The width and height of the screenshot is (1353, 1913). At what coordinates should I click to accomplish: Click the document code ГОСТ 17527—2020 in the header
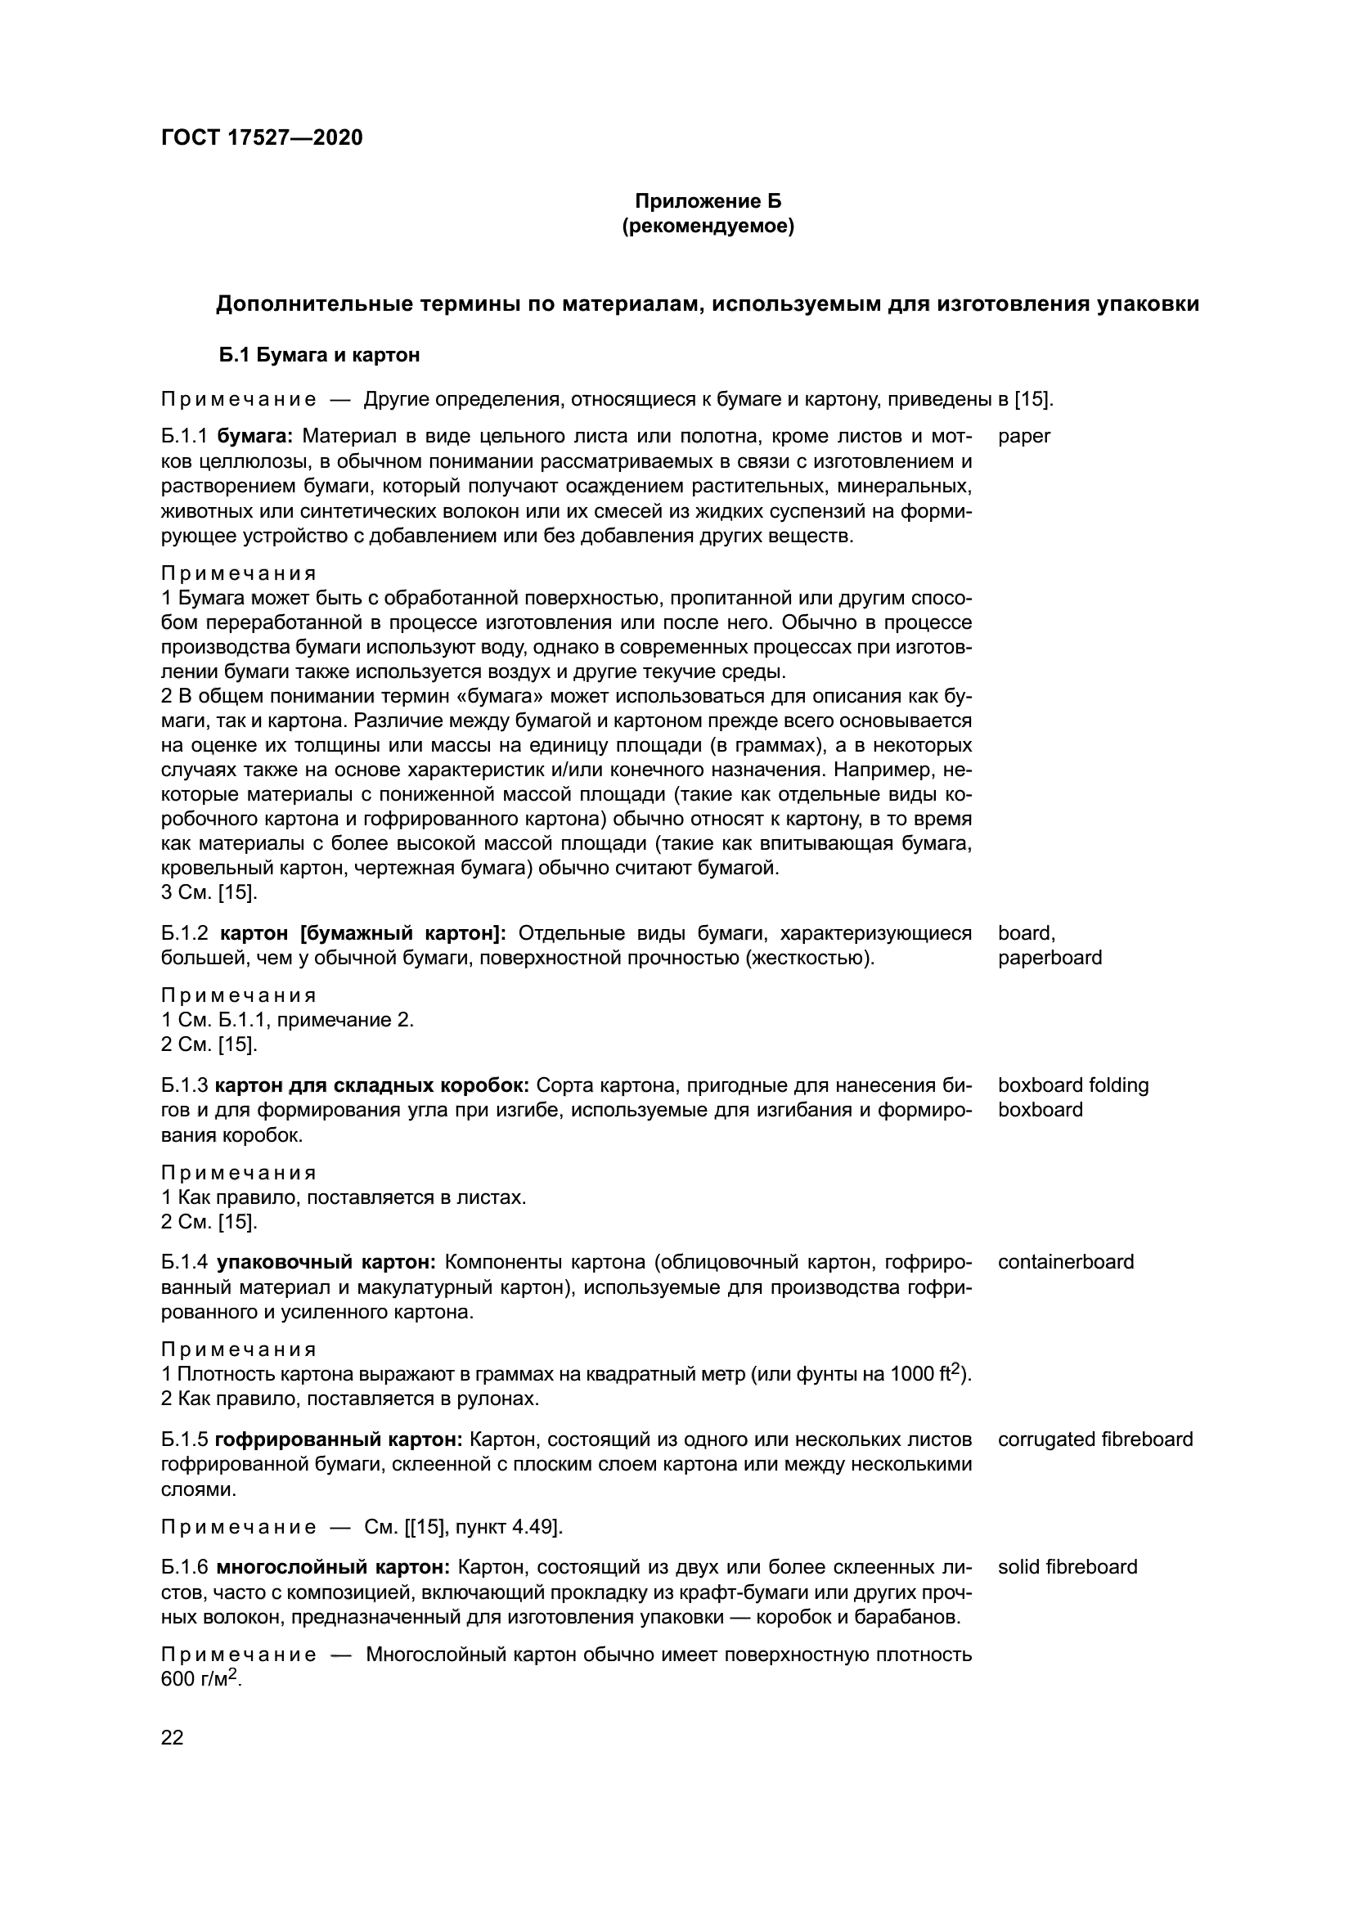click(x=262, y=137)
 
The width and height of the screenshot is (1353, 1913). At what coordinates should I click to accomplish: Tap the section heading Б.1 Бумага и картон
click(x=319, y=355)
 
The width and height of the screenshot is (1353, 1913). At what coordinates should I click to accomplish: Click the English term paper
click(x=1024, y=436)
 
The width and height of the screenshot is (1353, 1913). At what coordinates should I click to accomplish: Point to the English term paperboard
click(x=1049, y=958)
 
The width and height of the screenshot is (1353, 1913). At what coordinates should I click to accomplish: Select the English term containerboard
click(x=1066, y=1261)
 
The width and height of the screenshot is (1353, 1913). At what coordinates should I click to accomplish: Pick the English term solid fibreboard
click(x=1067, y=1566)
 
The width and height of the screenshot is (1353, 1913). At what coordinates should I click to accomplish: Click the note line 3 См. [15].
click(x=209, y=892)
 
